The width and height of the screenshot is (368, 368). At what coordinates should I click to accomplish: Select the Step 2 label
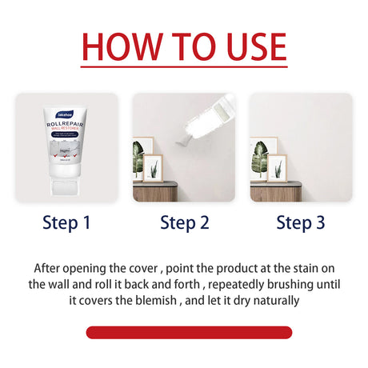pos(183,223)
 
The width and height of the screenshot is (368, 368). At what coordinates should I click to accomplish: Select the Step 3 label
pos(300,223)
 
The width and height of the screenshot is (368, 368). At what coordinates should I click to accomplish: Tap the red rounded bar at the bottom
pos(189,332)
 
